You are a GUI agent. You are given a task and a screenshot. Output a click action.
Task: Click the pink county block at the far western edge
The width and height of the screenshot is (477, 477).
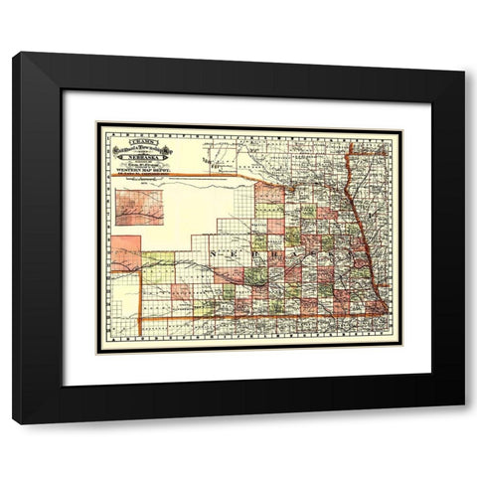point(124,253)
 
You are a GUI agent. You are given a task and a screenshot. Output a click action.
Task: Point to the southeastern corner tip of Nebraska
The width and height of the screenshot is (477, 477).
point(385,316)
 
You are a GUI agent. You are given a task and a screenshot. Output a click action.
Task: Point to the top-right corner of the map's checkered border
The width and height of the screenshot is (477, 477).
point(394,126)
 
